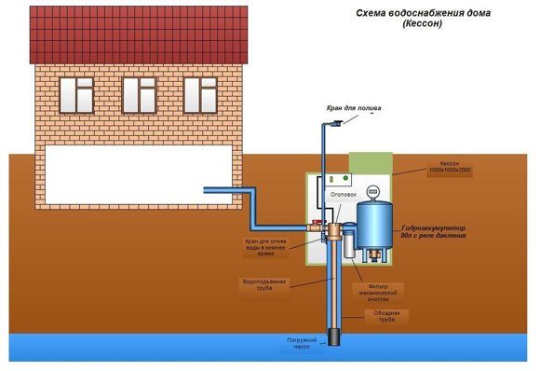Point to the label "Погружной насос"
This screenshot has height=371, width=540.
[x=304, y=344]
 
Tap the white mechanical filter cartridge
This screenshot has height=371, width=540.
[x=347, y=246]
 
